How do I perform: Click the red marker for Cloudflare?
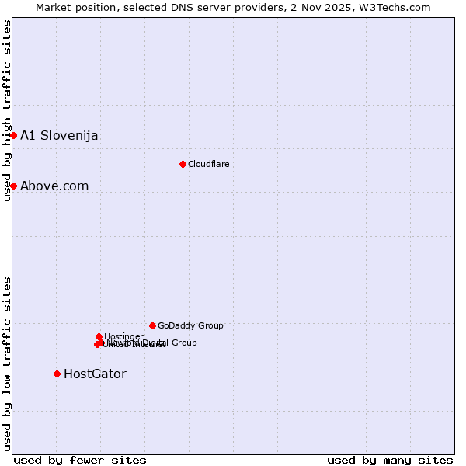(x=183, y=164)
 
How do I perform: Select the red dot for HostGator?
(x=57, y=374)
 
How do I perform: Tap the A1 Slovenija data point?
(x=13, y=135)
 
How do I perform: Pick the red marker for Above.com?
(x=13, y=186)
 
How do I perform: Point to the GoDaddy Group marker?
(x=152, y=325)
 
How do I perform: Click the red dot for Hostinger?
(x=99, y=336)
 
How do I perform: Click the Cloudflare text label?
(x=208, y=164)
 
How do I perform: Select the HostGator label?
(x=95, y=374)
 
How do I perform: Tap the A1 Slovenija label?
(x=59, y=135)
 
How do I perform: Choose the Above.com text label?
(x=54, y=186)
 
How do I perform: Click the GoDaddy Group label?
(x=190, y=325)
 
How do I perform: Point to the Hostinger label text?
(x=123, y=336)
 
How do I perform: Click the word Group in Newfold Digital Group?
(x=183, y=343)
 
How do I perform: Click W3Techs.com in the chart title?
(x=398, y=7)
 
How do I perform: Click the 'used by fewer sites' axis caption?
(x=80, y=460)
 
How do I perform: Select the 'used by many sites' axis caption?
(x=390, y=460)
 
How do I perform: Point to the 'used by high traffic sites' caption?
(x=7, y=110)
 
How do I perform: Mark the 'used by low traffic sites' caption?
(x=7, y=363)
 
